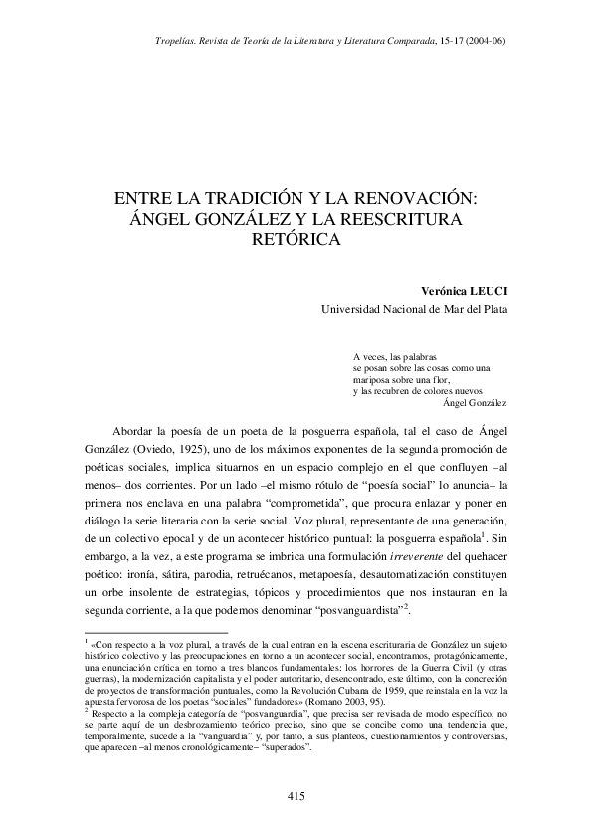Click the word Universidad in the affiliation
pyautogui.click(x=356, y=310)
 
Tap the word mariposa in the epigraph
pyautogui.click(x=374, y=379)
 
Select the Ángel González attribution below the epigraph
pyautogui.click(x=473, y=403)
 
